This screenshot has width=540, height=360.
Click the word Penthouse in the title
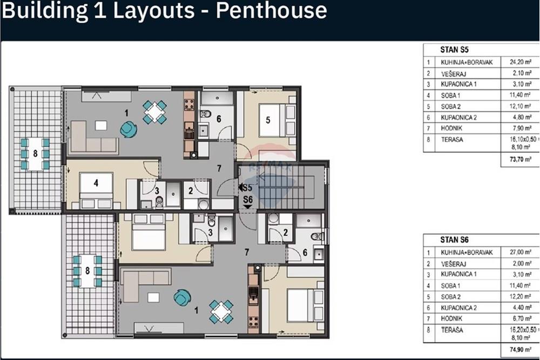click(x=271, y=11)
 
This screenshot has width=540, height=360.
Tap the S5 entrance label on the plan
click(x=246, y=188)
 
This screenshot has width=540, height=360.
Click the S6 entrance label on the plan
click(x=248, y=200)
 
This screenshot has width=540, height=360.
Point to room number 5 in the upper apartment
click(x=267, y=119)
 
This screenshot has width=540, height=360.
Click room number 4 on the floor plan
click(x=96, y=183)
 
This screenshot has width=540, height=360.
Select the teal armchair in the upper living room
click(x=129, y=128)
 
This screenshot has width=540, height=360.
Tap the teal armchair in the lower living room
click(x=183, y=297)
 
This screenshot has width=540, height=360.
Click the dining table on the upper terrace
click(x=35, y=154)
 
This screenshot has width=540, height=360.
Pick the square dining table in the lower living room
click(x=221, y=311)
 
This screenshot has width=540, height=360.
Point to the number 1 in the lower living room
click(x=196, y=310)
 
